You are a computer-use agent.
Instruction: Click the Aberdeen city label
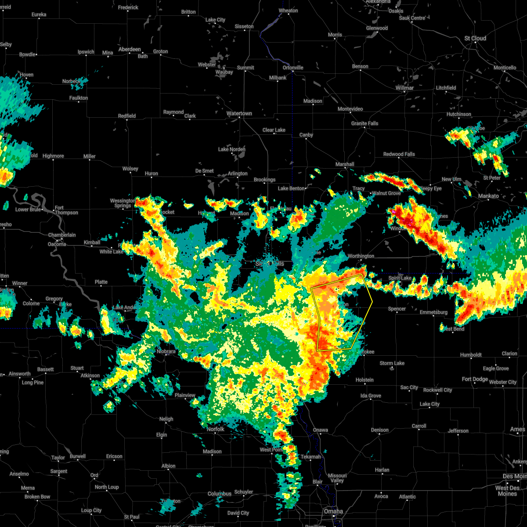point(130,49)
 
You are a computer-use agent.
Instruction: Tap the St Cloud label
point(475,38)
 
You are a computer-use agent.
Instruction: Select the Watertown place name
point(239,113)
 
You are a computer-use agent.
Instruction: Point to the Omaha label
point(333,511)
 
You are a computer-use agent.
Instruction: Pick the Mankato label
point(488,196)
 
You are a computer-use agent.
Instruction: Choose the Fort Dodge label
point(475,379)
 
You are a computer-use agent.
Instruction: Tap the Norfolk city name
point(216,429)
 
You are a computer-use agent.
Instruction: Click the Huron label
point(152,173)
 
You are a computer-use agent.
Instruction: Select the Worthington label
point(361,256)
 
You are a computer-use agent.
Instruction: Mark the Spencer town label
point(397,309)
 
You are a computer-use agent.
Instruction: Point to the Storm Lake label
point(392,363)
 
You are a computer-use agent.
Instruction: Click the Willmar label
point(404,88)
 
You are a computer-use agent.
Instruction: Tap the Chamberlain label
point(62,235)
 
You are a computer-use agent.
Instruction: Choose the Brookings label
point(264,180)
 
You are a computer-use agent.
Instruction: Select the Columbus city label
point(220,494)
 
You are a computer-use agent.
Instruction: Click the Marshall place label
point(345,164)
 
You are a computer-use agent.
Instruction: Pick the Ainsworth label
point(20,374)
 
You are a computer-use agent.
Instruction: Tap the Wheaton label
point(288,11)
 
